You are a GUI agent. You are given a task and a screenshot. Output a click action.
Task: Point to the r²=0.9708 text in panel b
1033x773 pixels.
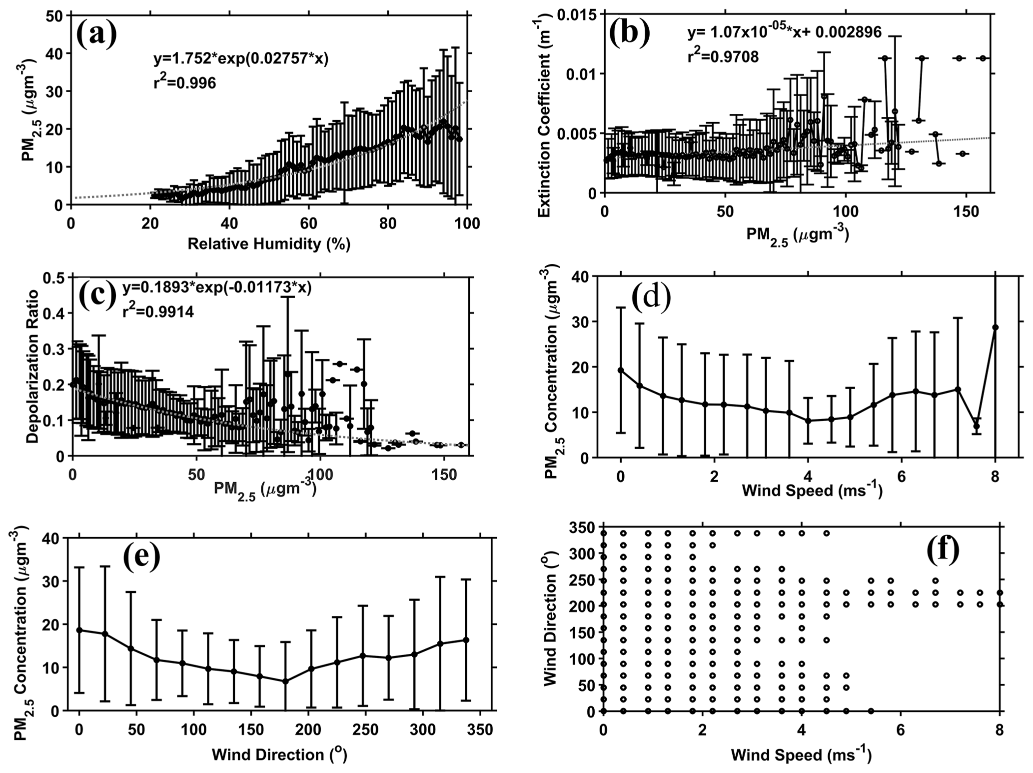[723, 56]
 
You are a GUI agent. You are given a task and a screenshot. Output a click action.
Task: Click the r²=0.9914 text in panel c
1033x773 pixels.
[158, 312]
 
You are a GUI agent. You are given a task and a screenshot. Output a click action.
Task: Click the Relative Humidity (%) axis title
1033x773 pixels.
[269, 243]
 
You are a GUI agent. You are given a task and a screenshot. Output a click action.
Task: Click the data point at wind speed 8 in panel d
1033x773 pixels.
[995, 327]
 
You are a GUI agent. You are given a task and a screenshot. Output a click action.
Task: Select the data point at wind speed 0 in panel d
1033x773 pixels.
[621, 370]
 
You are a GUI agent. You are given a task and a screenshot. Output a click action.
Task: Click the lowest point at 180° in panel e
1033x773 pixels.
[285, 681]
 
